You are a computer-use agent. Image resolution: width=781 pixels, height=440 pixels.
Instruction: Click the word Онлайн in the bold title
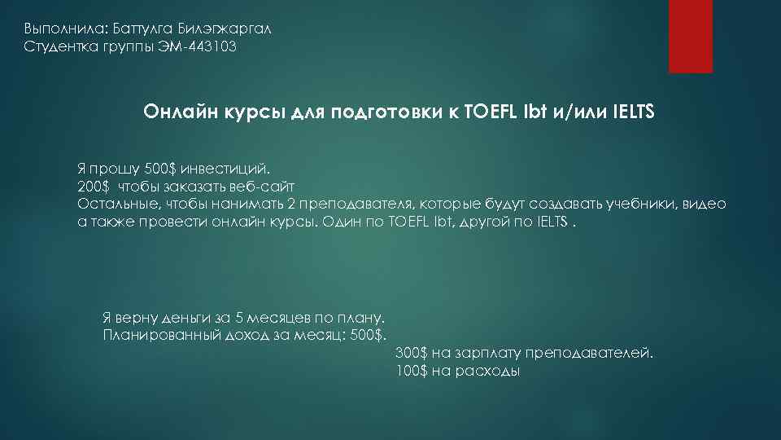click(174, 111)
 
